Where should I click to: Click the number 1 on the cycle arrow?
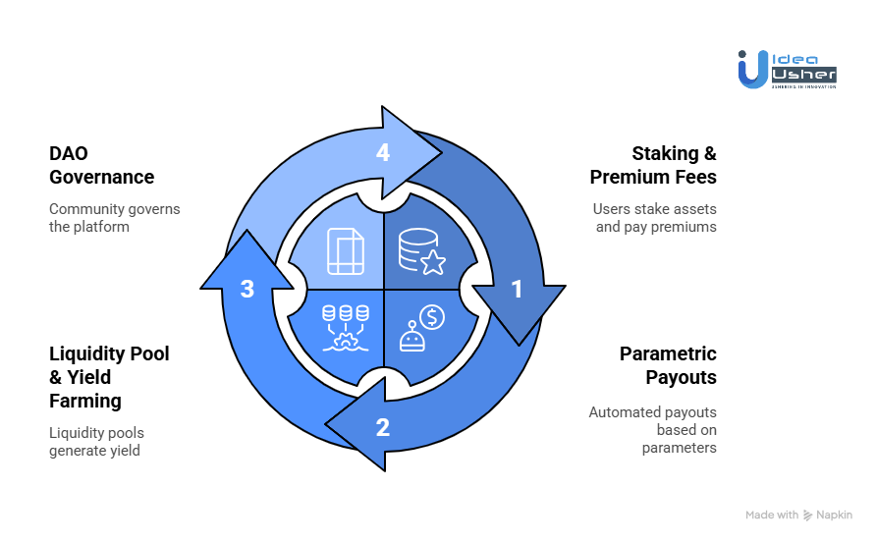518,290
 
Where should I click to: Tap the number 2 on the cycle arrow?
383,427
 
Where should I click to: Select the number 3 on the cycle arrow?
247,290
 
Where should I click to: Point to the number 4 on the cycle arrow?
383,152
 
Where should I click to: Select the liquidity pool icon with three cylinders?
346,327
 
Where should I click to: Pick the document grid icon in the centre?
345,252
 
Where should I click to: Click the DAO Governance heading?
101,165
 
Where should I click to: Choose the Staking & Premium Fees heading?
653,165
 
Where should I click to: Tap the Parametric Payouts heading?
668,365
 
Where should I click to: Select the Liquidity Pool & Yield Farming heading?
109,377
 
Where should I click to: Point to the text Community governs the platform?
114,218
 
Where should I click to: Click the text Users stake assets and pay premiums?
655,218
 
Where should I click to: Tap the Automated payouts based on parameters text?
653,430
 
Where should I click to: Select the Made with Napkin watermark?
798,515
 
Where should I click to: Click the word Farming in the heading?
85,401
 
